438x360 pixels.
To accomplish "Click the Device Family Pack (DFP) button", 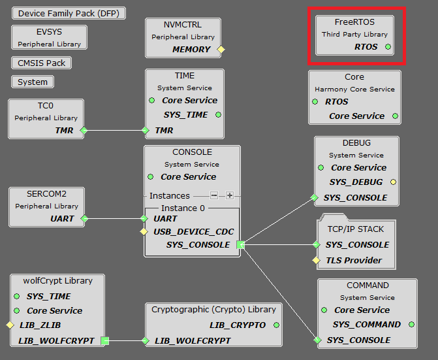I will point(69,13).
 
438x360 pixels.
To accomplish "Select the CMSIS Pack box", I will point(41,63).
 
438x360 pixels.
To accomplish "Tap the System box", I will point(33,82).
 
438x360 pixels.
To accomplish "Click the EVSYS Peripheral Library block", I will point(50,37).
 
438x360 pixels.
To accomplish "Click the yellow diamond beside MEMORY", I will point(221,49).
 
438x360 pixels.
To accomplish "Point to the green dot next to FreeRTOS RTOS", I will point(388,47).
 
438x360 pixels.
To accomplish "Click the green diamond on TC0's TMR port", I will point(83,131).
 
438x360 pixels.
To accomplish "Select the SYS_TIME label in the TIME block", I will point(185,114).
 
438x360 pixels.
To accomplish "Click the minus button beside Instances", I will point(214,195).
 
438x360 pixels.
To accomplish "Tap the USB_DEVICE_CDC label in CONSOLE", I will point(193,231).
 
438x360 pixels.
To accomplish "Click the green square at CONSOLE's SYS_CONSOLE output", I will point(240,245).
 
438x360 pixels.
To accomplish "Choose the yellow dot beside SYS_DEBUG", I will point(393,182).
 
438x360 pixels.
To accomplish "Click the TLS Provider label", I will point(354,260).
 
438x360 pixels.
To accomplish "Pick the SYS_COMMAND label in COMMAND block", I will point(366,324).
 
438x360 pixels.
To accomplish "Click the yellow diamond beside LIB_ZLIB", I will point(10,325).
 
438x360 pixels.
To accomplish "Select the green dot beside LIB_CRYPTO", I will point(277,325).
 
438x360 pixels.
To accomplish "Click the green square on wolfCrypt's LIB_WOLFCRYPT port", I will point(104,340).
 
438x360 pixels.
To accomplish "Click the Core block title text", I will point(354,76).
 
